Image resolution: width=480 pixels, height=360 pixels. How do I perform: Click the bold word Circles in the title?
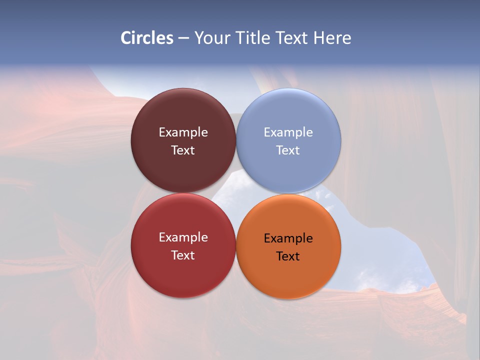click(147, 38)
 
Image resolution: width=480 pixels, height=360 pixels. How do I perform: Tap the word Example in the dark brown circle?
click(183, 132)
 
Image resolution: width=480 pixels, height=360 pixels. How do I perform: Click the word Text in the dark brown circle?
click(183, 150)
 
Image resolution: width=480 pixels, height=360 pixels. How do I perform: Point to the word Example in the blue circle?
click(288, 132)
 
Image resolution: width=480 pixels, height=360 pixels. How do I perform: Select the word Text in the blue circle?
click(288, 150)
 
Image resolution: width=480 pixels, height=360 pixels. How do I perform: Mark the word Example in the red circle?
click(183, 237)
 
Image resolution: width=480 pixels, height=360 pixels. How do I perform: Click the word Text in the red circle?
click(183, 255)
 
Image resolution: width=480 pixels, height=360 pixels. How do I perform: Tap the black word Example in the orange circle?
click(288, 238)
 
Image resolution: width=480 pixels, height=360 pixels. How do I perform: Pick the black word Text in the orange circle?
click(288, 256)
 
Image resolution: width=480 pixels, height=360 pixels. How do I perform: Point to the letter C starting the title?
click(126, 38)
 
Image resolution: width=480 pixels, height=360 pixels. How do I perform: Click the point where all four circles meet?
click(235, 193)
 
